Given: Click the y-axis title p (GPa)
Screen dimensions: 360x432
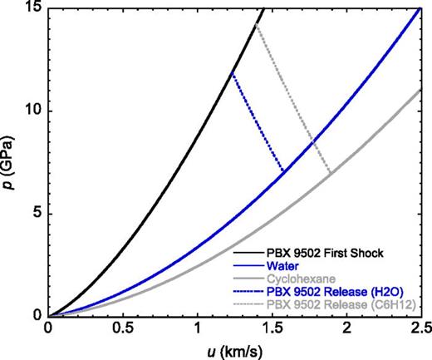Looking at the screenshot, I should pos(11,162).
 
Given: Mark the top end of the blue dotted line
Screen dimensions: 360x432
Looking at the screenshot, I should pos(232,74).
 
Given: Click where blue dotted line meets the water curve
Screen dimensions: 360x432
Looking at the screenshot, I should pos(284,171).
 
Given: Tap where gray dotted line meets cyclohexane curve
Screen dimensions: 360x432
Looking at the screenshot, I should pos(331,173).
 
